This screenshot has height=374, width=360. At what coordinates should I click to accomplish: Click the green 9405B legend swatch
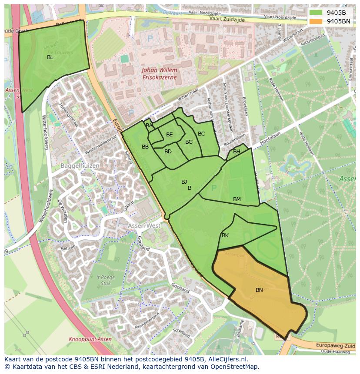pos(316,13)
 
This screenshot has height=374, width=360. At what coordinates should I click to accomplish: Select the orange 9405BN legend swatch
pos(316,21)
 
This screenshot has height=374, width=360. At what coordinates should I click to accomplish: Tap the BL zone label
pos(50,57)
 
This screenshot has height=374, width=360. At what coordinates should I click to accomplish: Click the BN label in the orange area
pos(259,290)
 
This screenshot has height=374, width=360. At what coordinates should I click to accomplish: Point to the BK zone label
pos(225,235)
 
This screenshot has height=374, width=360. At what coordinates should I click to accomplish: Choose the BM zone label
pos(237,199)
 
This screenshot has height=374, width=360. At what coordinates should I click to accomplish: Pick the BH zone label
pos(237,152)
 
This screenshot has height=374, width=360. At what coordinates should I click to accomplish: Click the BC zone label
pos(201,134)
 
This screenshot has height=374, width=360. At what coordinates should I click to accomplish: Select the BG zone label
pos(189,142)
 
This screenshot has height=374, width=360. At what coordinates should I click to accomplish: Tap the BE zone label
pos(170,135)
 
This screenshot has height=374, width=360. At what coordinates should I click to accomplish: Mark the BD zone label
pos(168,152)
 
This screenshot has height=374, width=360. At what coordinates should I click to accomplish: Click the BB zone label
pos(145,147)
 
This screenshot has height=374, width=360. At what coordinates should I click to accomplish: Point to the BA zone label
pos(149,126)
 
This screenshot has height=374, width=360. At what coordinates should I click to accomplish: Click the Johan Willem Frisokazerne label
pos(159,73)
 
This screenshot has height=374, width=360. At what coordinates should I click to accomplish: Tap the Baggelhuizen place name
pos(80,166)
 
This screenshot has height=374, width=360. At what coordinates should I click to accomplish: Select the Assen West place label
pos(144,226)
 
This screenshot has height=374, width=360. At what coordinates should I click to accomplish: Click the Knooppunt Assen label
pos(90,339)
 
